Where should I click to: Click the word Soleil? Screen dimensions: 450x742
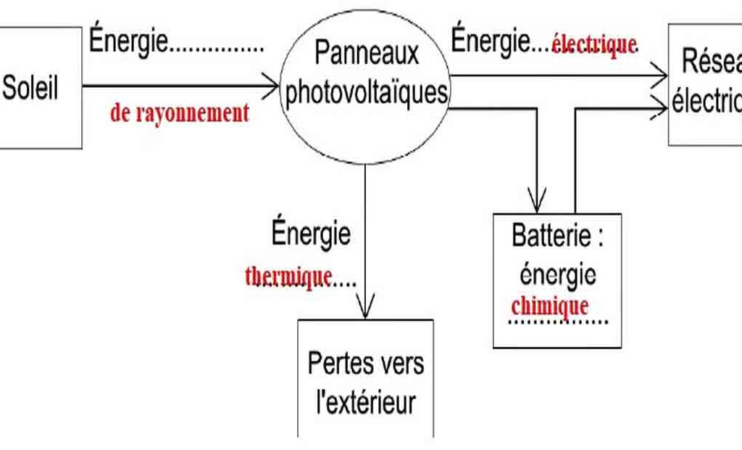click(30, 89)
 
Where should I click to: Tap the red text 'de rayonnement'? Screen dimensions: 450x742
click(180, 113)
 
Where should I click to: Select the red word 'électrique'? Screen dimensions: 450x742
click(593, 45)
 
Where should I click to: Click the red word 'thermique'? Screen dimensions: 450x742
click(289, 277)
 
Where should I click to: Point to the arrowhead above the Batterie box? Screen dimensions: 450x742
click(537, 199)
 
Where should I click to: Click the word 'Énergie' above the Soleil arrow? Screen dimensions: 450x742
click(128, 41)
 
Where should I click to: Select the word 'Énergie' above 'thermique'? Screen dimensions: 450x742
click(311, 234)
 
